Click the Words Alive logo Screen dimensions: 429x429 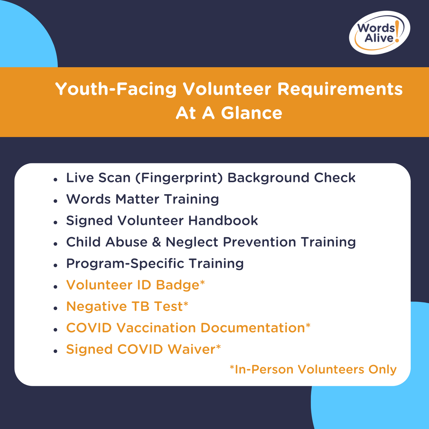click(x=379, y=33)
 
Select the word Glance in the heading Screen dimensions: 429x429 click(x=251, y=113)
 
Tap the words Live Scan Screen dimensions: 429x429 click(x=98, y=178)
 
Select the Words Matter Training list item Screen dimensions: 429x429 click(x=142, y=199)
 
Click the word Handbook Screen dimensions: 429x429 click(x=223, y=221)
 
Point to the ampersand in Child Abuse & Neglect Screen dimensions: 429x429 click(x=156, y=242)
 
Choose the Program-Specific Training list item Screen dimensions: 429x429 click(x=155, y=263)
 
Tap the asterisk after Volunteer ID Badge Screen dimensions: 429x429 click(x=202, y=282)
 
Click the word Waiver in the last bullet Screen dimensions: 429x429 click(x=191, y=349)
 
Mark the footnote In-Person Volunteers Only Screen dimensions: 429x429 click(x=313, y=369)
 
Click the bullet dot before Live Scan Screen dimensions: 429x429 click(x=55, y=180)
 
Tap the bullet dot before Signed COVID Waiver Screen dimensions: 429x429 click(x=55, y=351)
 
